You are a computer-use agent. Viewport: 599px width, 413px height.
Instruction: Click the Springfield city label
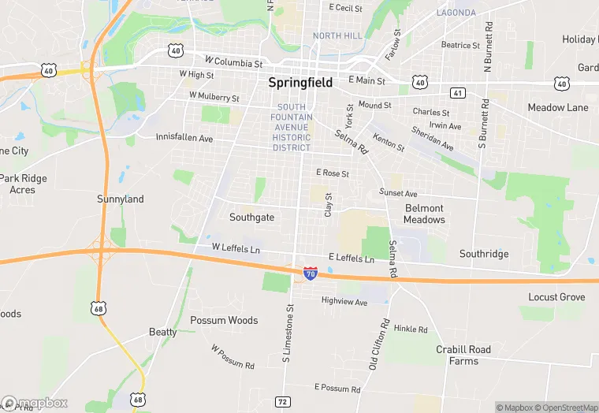[300, 82]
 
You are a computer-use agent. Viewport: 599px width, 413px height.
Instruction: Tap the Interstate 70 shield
[311, 273]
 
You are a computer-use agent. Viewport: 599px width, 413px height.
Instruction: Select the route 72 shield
[282, 402]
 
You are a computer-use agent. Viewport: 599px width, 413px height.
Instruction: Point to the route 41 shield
[458, 93]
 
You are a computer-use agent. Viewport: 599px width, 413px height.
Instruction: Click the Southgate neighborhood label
[251, 217]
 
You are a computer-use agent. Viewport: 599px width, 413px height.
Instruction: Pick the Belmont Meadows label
[424, 214]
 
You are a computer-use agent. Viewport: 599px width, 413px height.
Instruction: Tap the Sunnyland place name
[121, 199]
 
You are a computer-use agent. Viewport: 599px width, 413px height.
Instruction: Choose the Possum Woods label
[224, 320]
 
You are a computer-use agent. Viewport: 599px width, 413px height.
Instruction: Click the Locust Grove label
[556, 297]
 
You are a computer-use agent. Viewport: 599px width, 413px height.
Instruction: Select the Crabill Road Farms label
[463, 355]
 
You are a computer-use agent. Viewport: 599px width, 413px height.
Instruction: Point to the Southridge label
[484, 254]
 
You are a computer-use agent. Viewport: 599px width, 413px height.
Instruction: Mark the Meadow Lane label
[558, 107]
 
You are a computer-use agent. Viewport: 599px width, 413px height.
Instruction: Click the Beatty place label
[163, 332]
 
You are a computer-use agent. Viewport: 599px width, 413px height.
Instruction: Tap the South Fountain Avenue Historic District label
[292, 127]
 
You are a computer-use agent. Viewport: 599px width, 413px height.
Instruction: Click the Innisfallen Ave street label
[184, 138]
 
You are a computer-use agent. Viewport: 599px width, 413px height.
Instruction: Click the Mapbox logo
[35, 403]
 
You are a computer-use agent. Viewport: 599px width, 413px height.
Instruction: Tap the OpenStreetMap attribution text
[567, 407]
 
